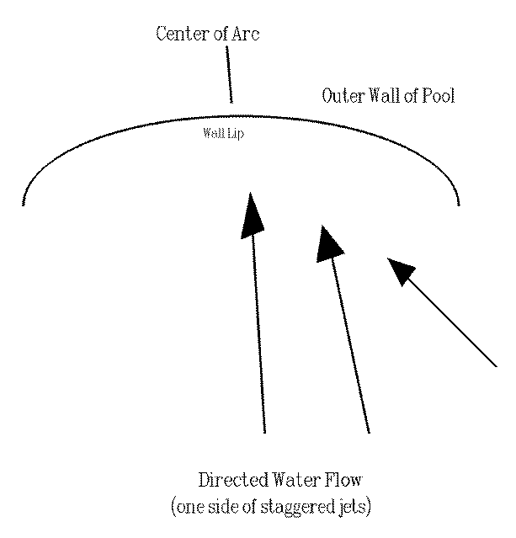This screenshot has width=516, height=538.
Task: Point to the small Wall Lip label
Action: [223, 134]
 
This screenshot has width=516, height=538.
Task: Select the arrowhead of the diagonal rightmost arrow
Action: [400, 271]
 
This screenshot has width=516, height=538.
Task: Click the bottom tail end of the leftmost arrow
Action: [264, 432]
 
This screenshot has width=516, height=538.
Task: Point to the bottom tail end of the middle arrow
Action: [369, 433]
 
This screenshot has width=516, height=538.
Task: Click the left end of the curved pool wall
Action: [24, 204]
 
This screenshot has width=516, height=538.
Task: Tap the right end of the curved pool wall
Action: [459, 204]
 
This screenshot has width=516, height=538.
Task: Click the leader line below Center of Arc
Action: [229, 74]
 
